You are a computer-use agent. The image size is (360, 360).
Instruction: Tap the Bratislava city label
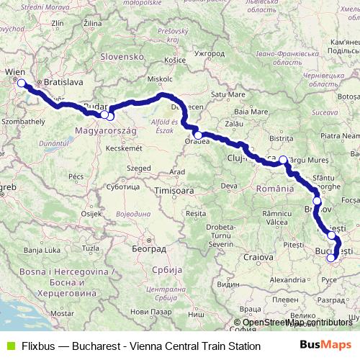click(x=64, y=83)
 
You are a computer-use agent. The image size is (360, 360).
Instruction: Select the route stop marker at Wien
click(x=21, y=83)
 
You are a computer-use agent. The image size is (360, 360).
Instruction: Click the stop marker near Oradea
click(x=198, y=135)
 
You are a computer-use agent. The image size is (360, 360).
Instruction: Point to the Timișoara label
click(x=174, y=191)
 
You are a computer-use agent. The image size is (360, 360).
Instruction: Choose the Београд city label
click(x=148, y=248)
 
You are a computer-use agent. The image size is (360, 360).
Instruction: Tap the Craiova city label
click(x=258, y=256)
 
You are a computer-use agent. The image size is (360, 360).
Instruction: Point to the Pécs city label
click(x=76, y=176)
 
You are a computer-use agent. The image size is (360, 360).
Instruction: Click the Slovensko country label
click(x=122, y=56)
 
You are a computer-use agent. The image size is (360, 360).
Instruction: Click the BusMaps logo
click(x=325, y=346)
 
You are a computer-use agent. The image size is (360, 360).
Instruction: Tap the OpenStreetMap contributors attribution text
click(x=297, y=323)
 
